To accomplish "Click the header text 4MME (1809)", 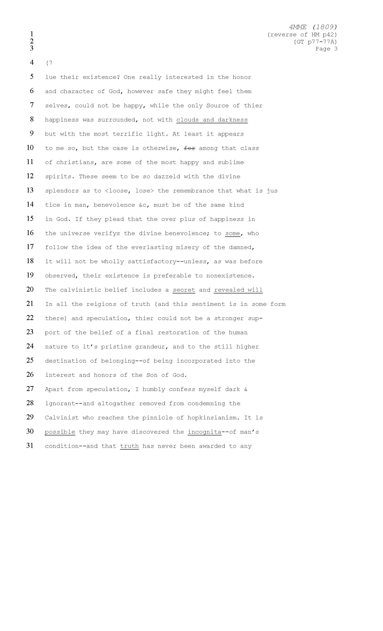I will click(313, 27).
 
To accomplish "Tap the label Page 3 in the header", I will click(326, 49).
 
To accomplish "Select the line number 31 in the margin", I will click(30, 446).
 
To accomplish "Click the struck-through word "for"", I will click(189, 148).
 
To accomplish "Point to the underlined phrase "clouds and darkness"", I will click(212, 120).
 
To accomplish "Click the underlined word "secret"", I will click(184, 290).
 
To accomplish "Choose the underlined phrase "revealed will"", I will click(238, 290).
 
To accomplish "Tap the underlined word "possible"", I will click(60, 432).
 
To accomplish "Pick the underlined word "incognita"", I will click(205, 432).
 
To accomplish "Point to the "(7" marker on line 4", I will click(49, 63).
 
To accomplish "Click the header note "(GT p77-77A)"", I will click(315, 41).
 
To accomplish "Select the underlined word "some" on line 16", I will click(233, 233).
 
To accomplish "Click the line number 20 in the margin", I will click(30, 289).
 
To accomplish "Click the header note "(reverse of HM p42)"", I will click(302, 34).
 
